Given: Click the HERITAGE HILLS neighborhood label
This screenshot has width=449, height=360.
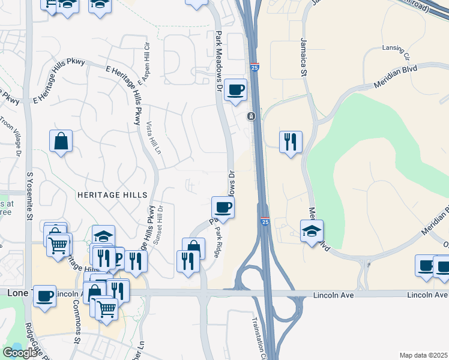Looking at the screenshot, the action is coord(112,196).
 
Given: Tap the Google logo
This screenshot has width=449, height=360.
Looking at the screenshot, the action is coord(20,353).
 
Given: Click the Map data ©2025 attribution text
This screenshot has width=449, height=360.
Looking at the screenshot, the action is coord(424,355).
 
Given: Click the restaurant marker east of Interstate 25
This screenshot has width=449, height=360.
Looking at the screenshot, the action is coord(291,142).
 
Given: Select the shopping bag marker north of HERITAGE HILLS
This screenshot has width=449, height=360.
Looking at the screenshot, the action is coord(61,142).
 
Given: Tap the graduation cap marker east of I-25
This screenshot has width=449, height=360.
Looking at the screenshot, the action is coord(312,231).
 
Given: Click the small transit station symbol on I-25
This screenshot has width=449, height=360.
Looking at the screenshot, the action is coord(252,116).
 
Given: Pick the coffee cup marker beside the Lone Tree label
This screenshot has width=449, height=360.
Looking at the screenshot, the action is coord(45,296).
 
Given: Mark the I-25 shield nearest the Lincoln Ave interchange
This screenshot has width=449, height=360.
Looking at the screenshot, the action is coord(265,223).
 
